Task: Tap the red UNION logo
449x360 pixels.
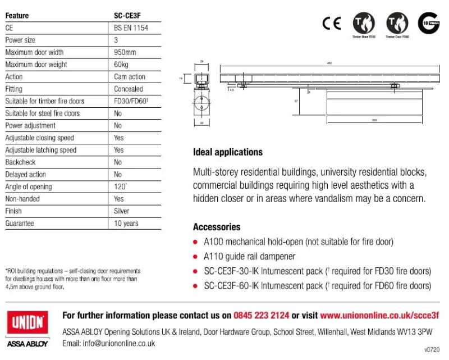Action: tap(27, 324)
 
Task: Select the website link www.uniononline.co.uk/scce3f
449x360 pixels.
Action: tap(379, 316)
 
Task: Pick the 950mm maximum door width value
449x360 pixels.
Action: tap(125, 52)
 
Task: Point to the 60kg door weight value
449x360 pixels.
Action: tap(122, 65)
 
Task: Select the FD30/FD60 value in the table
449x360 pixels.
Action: tap(130, 101)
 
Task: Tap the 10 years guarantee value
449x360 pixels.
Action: tap(126, 224)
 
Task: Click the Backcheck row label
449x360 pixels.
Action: tap(20, 162)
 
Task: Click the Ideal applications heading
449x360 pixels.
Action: tap(227, 152)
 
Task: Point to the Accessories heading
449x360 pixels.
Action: tap(217, 227)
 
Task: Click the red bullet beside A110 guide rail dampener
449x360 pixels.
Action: tap(196, 257)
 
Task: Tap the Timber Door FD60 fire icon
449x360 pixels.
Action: tap(397, 23)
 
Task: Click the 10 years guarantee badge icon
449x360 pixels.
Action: tap(428, 23)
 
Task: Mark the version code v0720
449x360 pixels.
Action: tap(432, 349)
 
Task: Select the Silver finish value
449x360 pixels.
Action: tap(121, 211)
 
